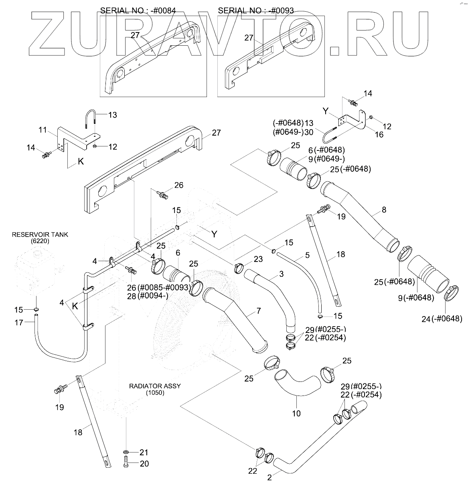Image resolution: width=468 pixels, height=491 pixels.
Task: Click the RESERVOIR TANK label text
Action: click(x=40, y=235)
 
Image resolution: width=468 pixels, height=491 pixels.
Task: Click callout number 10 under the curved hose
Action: click(x=296, y=413)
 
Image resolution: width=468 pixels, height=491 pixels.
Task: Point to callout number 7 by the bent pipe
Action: click(x=259, y=310)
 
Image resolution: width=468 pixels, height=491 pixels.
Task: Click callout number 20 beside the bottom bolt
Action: click(x=144, y=464)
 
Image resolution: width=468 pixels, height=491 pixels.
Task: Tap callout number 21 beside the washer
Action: click(x=144, y=452)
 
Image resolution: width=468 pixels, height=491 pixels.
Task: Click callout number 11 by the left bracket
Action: click(x=43, y=130)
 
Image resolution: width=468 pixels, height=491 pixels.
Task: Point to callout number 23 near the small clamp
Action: click(x=258, y=259)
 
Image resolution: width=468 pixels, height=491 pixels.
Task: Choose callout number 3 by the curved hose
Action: click(x=282, y=274)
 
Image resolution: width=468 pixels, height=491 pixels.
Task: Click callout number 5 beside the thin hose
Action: click(x=307, y=255)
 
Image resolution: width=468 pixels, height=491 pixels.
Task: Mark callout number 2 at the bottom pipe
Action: click(x=269, y=477)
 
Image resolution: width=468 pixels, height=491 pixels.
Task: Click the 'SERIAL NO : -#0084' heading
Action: click(x=138, y=11)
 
